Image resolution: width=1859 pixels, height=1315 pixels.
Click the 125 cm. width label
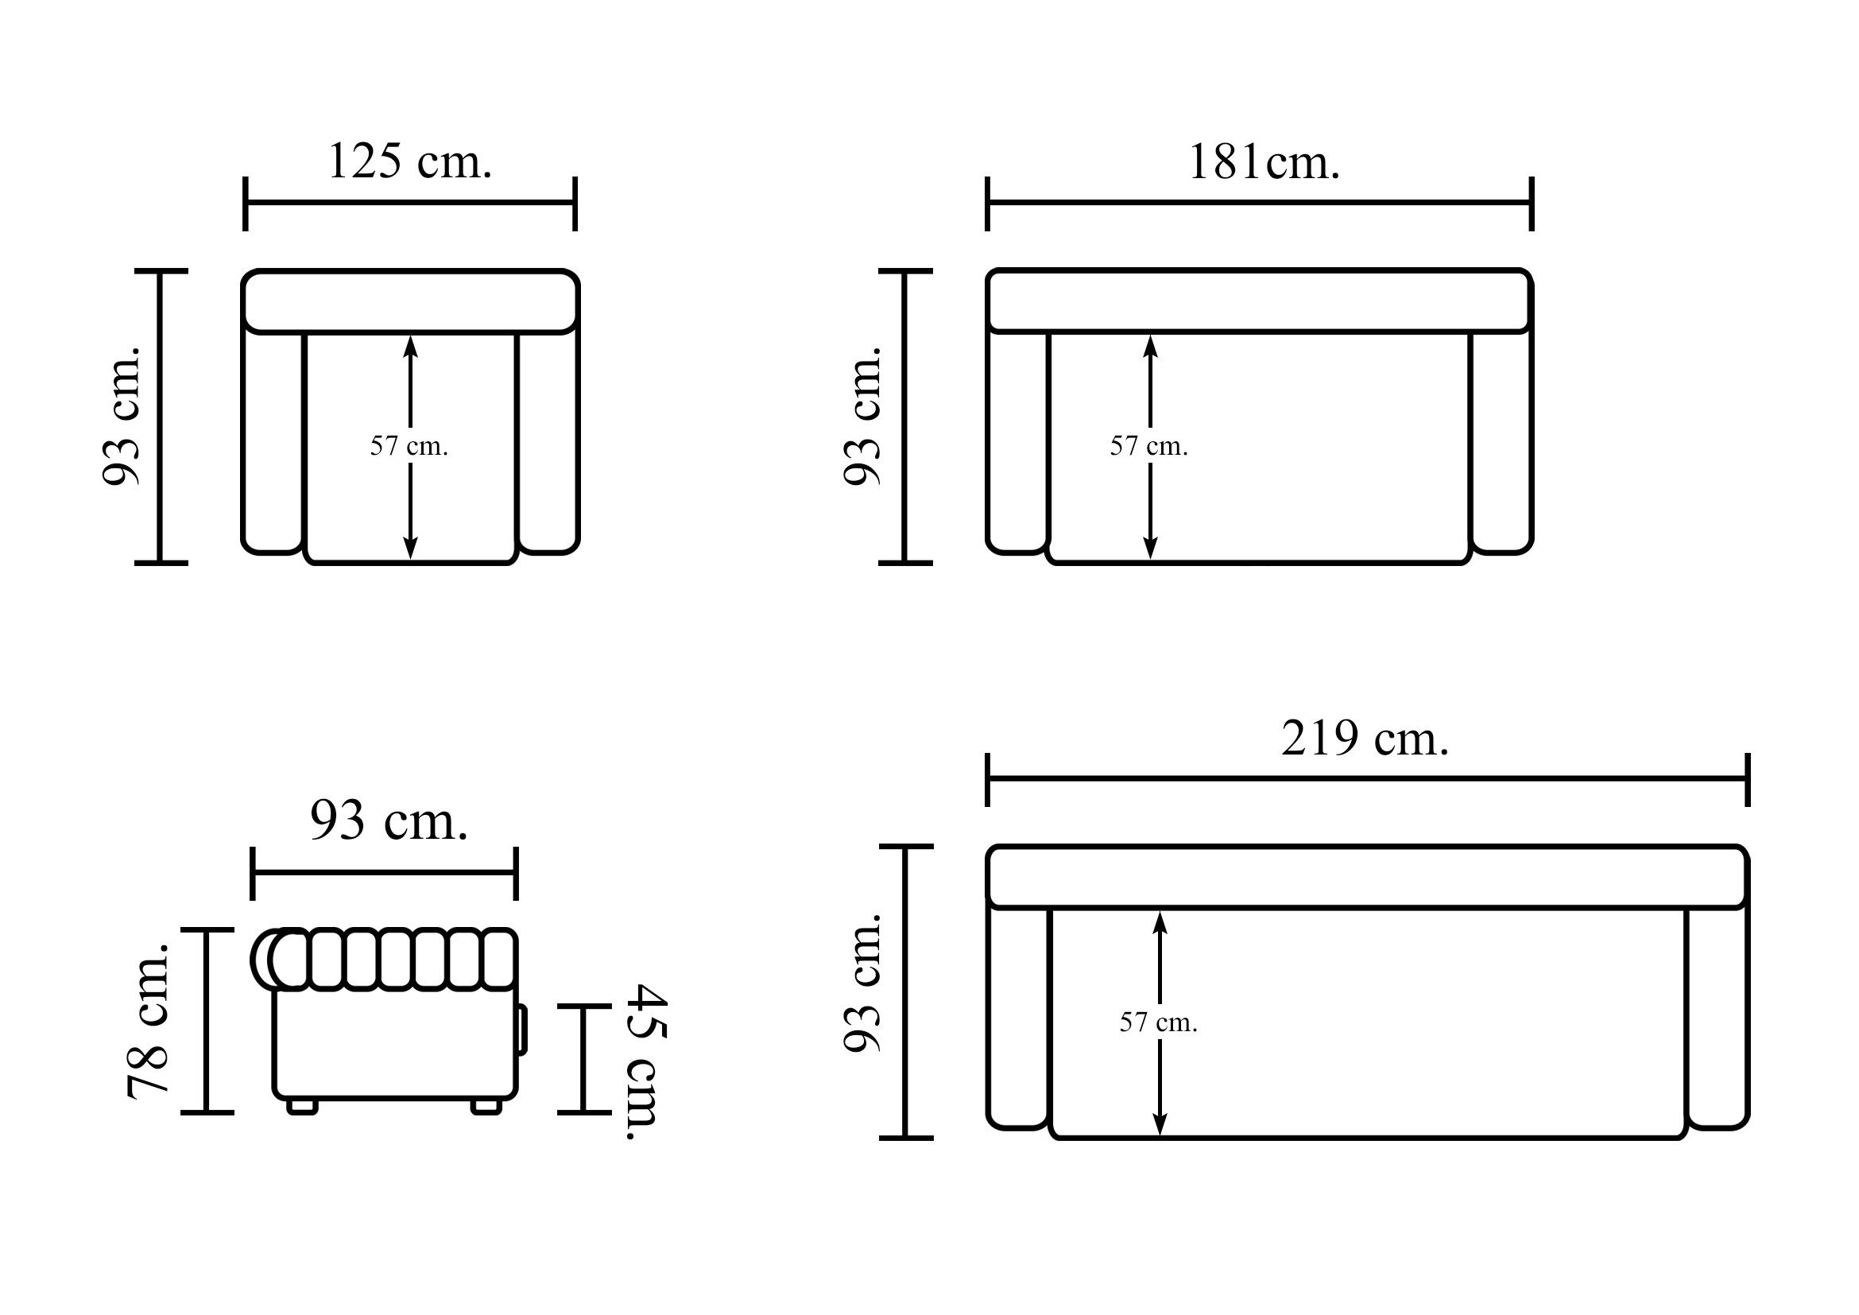coord(409,161)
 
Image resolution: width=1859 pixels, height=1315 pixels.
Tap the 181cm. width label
coord(1264,162)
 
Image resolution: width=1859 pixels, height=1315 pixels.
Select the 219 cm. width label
coord(1365,739)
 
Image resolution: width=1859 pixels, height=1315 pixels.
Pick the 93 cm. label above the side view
coord(389,821)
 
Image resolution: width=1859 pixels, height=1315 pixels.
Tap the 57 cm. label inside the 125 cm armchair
coord(409,446)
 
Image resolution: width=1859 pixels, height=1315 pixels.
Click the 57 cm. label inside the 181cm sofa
coord(1149,446)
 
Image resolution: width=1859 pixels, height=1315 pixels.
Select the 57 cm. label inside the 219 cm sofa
coord(1159,1022)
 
